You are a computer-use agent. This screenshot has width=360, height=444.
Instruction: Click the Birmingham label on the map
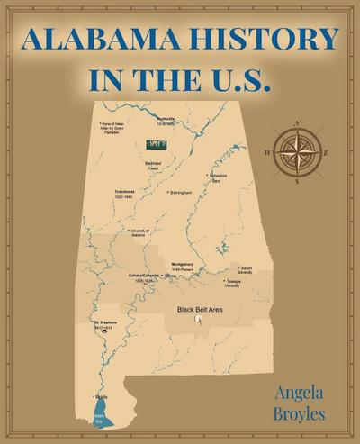(182, 192)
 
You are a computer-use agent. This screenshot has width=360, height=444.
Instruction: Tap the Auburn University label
(246, 269)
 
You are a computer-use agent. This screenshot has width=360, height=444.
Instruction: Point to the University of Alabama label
(141, 232)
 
